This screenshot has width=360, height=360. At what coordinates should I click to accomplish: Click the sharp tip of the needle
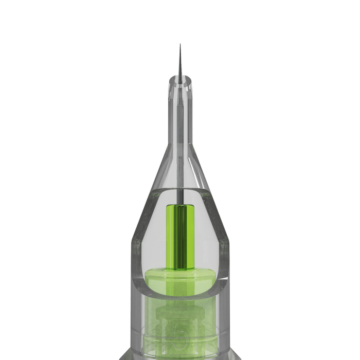pyautogui.click(x=180, y=45)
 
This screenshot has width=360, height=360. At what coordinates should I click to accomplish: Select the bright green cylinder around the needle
pyautogui.click(x=181, y=237)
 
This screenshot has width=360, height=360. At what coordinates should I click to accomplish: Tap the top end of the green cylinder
pyautogui.click(x=181, y=206)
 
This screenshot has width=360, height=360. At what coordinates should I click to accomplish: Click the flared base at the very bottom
pyautogui.click(x=180, y=356)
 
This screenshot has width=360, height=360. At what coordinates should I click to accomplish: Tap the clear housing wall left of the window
pyautogui.click(x=137, y=267)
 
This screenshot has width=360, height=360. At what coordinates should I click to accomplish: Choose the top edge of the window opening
pyautogui.click(x=180, y=189)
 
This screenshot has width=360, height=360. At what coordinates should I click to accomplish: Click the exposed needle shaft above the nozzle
pyautogui.click(x=180, y=64)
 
